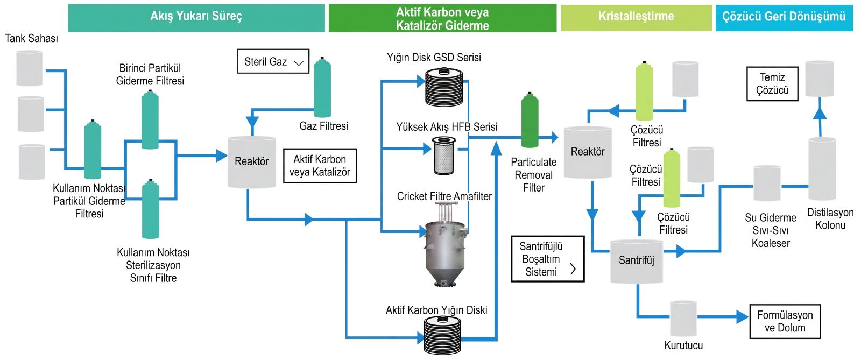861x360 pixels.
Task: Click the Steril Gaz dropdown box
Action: point(273,61)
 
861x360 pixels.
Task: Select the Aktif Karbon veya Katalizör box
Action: point(320,166)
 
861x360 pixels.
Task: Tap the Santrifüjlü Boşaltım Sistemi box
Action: point(548,259)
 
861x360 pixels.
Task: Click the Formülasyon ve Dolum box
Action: point(785,322)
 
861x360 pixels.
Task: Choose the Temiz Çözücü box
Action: point(772,84)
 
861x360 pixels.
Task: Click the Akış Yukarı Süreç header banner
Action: point(196,18)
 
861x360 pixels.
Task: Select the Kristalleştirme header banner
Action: point(636,18)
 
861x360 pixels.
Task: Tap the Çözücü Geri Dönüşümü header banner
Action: point(784,18)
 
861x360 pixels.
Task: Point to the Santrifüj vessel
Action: point(637,262)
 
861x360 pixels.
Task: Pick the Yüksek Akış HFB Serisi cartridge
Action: point(443,156)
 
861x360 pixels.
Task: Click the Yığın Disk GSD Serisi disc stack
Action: point(444,87)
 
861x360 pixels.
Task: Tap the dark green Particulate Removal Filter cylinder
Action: point(530,120)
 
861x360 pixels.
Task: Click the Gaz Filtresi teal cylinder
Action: point(322,87)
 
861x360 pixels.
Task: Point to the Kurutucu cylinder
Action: point(683,319)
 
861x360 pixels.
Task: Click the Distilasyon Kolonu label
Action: point(830,218)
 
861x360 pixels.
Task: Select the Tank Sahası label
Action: point(32,38)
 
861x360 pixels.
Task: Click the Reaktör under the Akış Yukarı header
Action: point(252,162)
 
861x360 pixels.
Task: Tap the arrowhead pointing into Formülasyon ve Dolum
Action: point(743,316)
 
